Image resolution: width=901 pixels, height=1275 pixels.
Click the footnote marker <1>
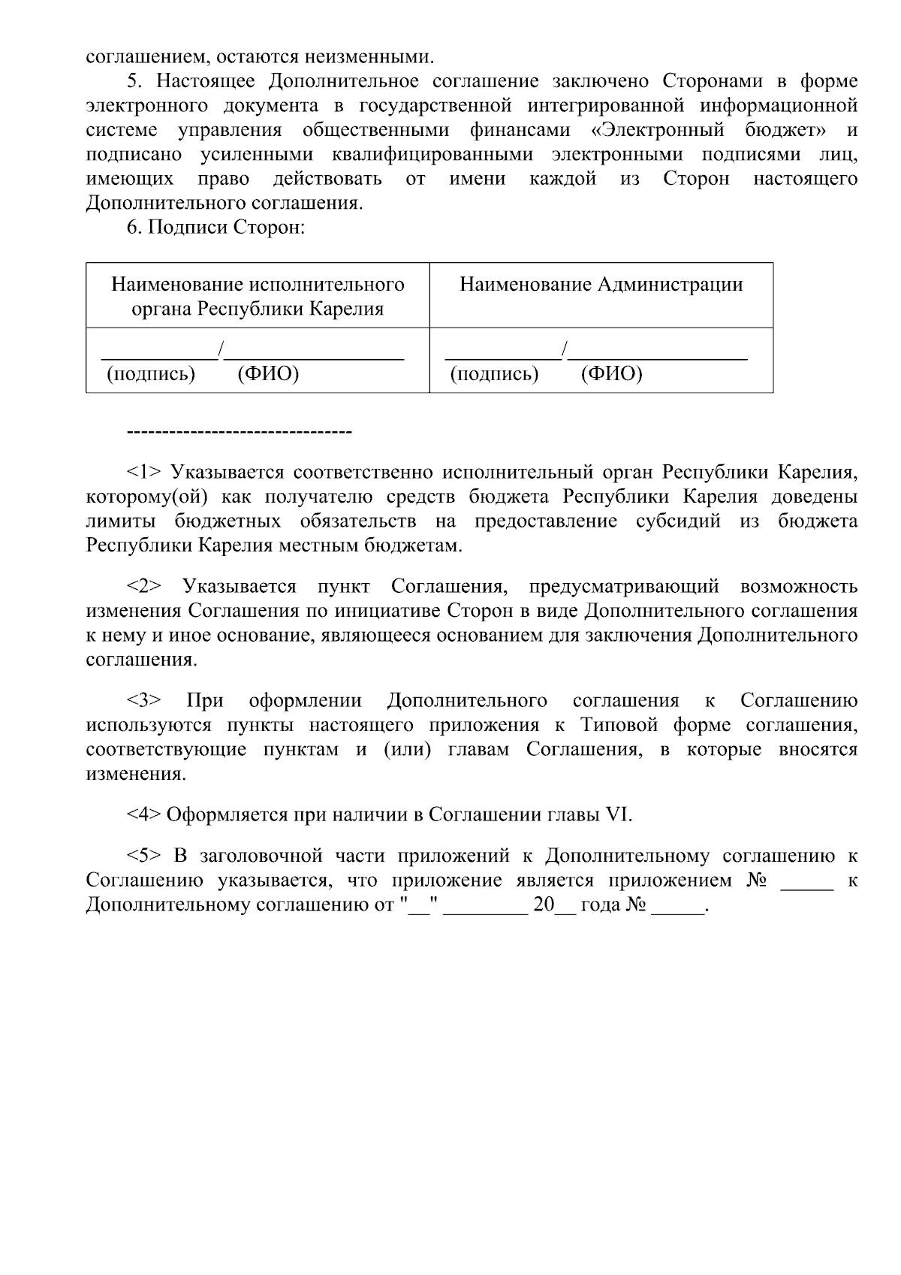tap(143, 473)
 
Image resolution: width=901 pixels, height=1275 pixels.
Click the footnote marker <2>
tap(143, 587)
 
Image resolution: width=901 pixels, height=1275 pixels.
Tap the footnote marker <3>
tap(143, 701)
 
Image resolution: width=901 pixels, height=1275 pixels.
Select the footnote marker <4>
tap(143, 815)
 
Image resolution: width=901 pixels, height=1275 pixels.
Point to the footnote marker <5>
tap(143, 856)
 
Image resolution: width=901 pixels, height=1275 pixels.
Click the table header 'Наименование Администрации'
tap(601, 285)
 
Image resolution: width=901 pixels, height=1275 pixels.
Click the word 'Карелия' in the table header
tap(349, 309)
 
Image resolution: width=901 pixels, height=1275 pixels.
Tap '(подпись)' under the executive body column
tap(151, 373)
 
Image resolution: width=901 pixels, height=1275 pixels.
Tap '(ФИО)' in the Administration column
tap(611, 373)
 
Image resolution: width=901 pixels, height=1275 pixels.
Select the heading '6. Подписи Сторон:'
tap(215, 227)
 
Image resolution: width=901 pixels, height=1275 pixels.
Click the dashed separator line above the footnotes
tap(240, 432)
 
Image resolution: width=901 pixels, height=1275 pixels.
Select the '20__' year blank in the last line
tap(553, 905)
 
